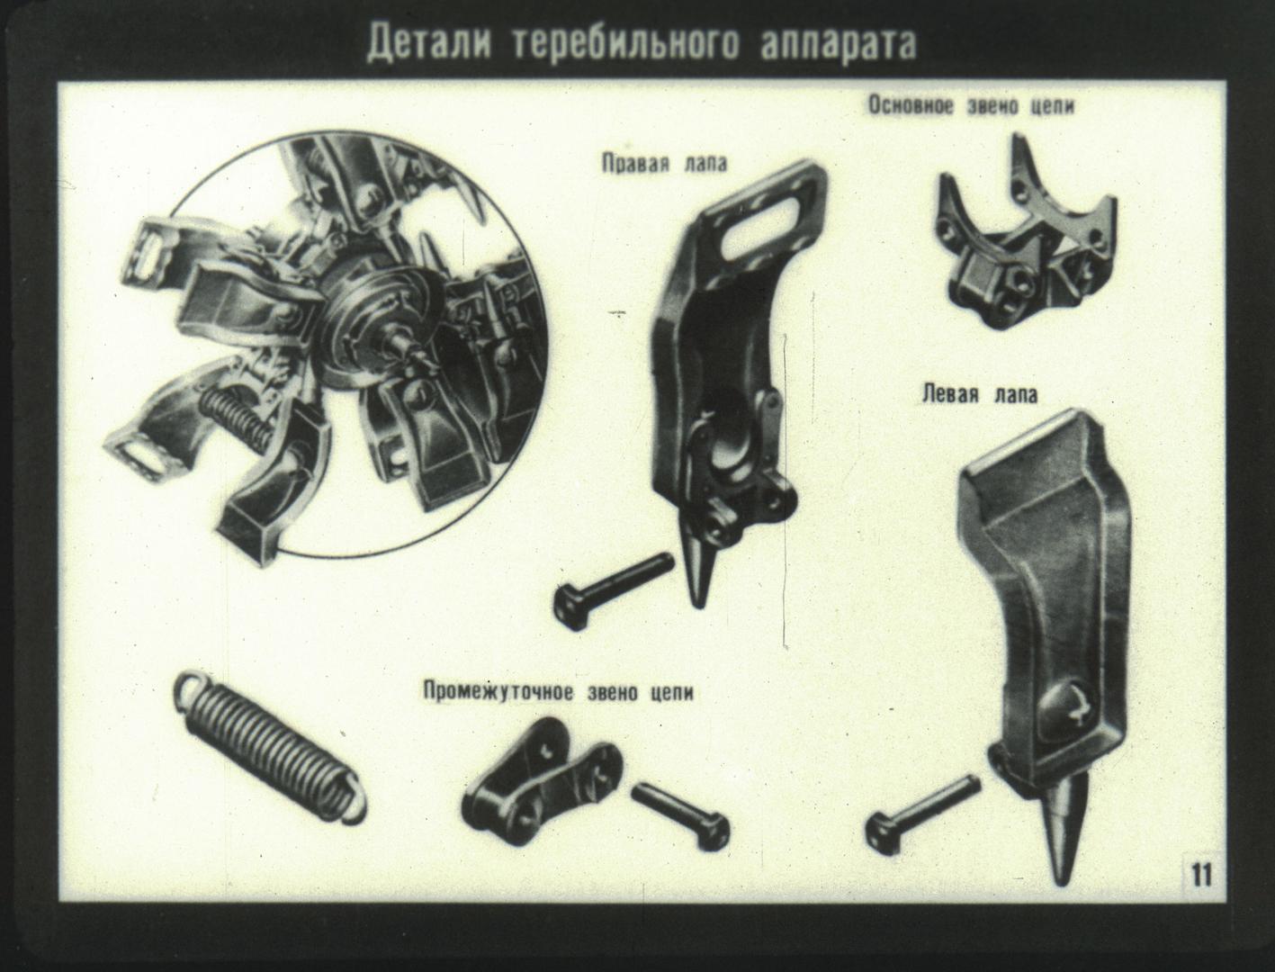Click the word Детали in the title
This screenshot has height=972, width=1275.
pos(429,43)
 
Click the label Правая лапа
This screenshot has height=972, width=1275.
pos(664,164)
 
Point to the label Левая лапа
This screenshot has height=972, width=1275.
pos(980,395)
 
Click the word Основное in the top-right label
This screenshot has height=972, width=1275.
pos(911,106)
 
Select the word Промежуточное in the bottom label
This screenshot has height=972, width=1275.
pos(498,693)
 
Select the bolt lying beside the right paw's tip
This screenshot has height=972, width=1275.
pos(614,589)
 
